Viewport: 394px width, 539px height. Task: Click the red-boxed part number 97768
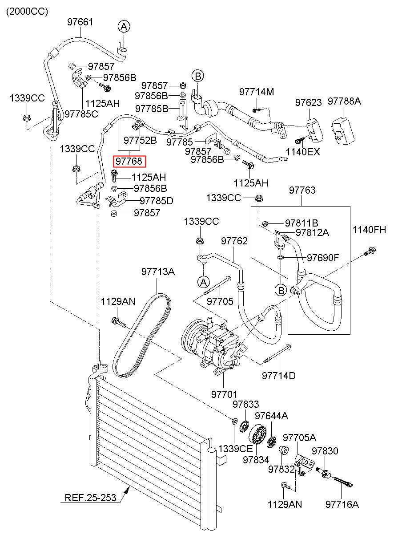[x=129, y=161]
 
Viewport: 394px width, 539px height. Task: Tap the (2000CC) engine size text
[x=27, y=12]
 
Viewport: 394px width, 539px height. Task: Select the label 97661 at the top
[x=80, y=22]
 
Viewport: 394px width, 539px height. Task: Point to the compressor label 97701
[x=224, y=394]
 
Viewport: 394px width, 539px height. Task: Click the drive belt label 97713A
[x=158, y=272]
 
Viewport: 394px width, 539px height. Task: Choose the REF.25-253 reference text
[x=90, y=497]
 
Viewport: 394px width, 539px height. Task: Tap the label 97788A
[x=344, y=101]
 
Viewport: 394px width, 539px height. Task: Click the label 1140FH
[x=369, y=230]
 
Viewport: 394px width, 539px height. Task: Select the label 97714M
[x=257, y=92]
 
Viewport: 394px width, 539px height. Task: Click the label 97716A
[x=342, y=504]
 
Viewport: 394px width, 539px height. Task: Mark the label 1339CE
[x=235, y=449]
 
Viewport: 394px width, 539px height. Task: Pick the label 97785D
[x=157, y=201]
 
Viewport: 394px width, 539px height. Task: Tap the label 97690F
[x=323, y=258]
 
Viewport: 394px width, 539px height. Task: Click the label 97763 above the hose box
[x=302, y=190]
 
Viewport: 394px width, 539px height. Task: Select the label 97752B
[x=140, y=140]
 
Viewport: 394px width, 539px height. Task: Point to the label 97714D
[x=279, y=376]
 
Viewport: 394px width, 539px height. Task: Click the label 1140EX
[x=303, y=152]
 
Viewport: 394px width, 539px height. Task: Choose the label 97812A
[x=312, y=233]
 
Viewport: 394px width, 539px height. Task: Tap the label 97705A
[x=299, y=438]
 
